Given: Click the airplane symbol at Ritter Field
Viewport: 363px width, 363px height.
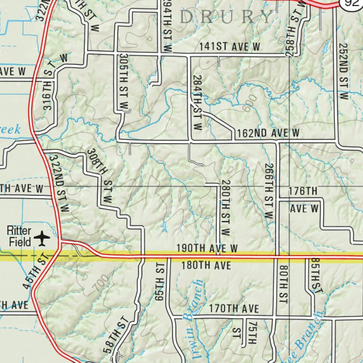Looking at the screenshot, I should [43, 238].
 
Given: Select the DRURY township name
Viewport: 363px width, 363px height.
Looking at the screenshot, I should [227, 17].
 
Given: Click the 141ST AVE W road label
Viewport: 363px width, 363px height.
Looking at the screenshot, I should [230, 47].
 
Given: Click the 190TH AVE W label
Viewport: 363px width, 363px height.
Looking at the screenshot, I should [207, 249].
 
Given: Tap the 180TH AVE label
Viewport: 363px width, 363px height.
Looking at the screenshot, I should [207, 266].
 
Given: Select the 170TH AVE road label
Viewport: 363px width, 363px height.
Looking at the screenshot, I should [234, 309].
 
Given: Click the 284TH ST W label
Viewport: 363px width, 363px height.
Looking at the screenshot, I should [198, 103].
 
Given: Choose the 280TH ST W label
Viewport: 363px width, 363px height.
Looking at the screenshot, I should [225, 208].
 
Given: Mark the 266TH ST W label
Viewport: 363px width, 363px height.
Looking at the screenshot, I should [269, 191].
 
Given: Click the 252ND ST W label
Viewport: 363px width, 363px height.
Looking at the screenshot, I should [343, 71].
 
